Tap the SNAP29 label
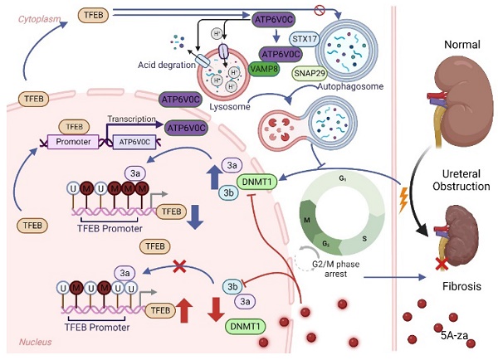[309, 73]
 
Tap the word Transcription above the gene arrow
[133, 118]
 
